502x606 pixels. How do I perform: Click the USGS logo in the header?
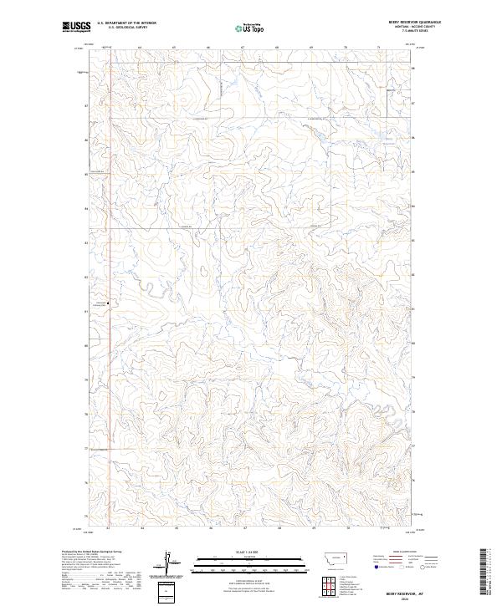coord(76,28)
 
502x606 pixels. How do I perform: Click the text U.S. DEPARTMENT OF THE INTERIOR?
coord(126,23)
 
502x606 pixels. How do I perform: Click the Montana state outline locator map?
coord(328,558)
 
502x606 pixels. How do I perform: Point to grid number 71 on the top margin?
coord(378,48)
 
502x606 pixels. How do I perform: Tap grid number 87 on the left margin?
coord(85,105)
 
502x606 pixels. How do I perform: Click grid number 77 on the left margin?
coord(85,448)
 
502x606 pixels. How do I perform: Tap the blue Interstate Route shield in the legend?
coord(374,566)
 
